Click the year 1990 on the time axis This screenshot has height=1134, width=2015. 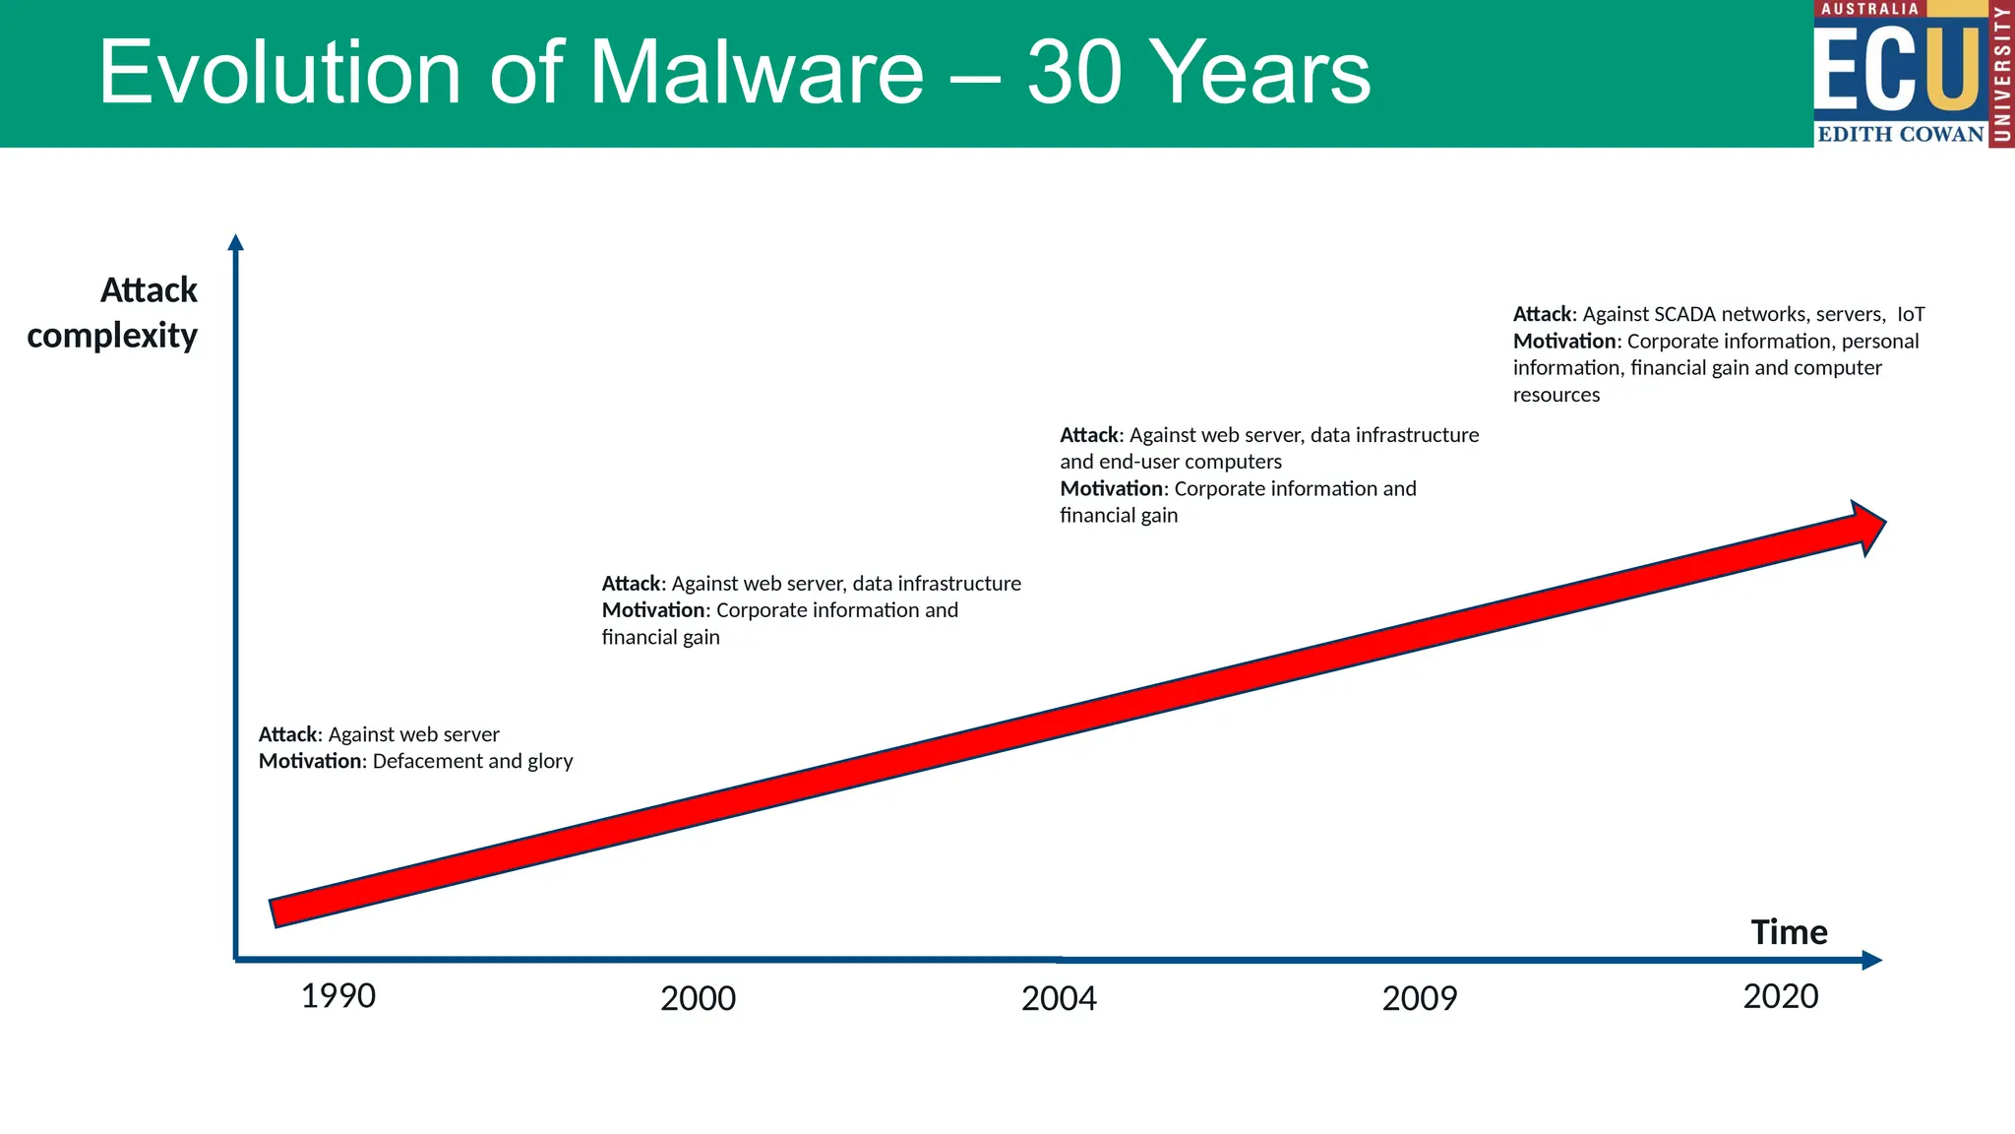[x=338, y=996]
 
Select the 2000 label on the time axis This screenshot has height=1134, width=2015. [x=698, y=999]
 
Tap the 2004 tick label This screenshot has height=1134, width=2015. [x=1059, y=999]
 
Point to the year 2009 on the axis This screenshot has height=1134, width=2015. [x=1420, y=999]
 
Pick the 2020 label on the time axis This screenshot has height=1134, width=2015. [x=1781, y=996]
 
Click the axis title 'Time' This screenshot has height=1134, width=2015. [x=1789, y=932]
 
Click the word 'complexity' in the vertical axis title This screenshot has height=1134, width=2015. [x=112, y=336]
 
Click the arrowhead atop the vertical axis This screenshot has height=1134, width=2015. [x=235, y=242]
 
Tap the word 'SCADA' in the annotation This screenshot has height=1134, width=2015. [x=1684, y=314]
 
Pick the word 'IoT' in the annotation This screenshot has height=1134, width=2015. [x=1911, y=314]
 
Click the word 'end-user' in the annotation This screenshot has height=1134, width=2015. [x=1139, y=462]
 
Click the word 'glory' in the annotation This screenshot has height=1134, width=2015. [x=550, y=762]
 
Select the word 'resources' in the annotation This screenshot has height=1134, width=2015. [x=1557, y=395]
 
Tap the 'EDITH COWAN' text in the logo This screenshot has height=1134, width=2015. [x=1900, y=134]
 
